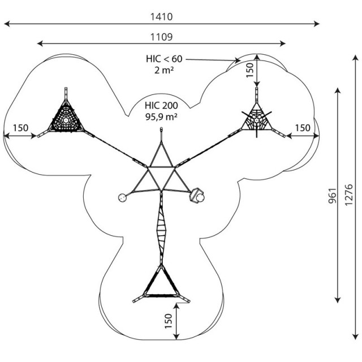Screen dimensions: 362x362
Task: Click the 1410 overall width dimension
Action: [x=161, y=17]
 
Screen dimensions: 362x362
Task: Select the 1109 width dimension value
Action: [x=161, y=37]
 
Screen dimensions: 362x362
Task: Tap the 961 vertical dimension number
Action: [x=333, y=196]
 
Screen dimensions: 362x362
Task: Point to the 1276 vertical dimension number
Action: [x=348, y=195]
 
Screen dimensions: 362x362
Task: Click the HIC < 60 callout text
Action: [x=164, y=59]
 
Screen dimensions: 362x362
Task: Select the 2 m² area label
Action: [x=164, y=70]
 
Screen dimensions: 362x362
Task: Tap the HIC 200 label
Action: [x=161, y=106]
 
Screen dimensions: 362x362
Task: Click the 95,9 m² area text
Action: [x=161, y=117]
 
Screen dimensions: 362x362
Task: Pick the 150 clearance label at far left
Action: [x=20, y=128]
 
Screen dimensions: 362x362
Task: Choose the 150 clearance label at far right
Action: [x=303, y=128]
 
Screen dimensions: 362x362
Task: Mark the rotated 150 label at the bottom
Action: [x=169, y=321]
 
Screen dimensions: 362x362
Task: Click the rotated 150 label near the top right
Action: [x=250, y=70]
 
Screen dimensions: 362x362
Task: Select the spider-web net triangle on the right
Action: [x=256, y=119]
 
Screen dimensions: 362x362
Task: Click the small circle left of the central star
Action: [x=122, y=198]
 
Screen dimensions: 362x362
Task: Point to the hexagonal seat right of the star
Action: [x=196, y=196]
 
